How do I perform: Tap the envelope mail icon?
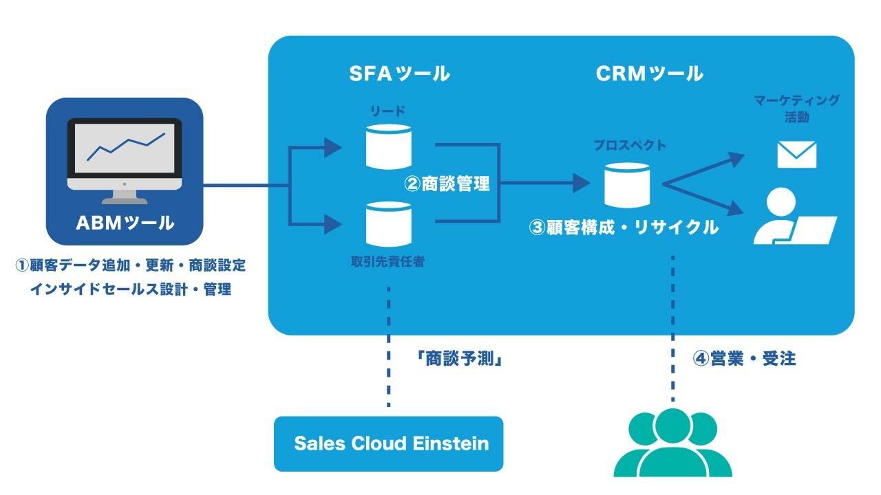[796, 155]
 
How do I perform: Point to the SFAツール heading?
[399, 74]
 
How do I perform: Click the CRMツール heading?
[649, 74]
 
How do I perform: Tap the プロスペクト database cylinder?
[627, 184]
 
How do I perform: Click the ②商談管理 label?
[447, 184]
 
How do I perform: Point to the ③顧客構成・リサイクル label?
[624, 227]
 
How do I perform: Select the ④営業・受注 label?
[743, 359]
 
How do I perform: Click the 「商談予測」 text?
[457, 359]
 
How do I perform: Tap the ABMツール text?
[125, 223]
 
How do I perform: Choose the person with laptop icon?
[792, 217]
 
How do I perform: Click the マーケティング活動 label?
[796, 108]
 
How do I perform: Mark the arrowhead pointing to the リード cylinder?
[334, 146]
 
